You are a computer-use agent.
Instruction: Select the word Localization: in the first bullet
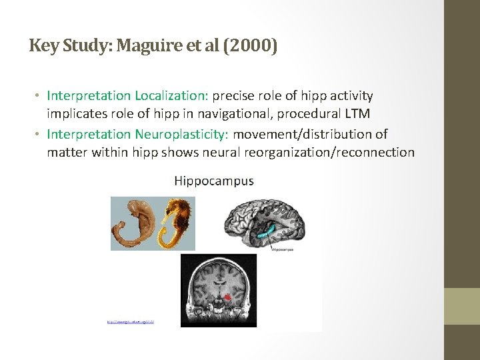[x=172, y=96]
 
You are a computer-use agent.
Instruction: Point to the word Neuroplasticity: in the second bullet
[x=182, y=134]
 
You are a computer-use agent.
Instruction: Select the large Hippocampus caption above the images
[x=213, y=181]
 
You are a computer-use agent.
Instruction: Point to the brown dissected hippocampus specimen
[x=133, y=223]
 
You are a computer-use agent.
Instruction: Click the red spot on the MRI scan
[x=229, y=298]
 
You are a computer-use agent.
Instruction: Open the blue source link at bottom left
[x=130, y=322]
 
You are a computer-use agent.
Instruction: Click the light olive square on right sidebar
[x=462, y=307]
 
